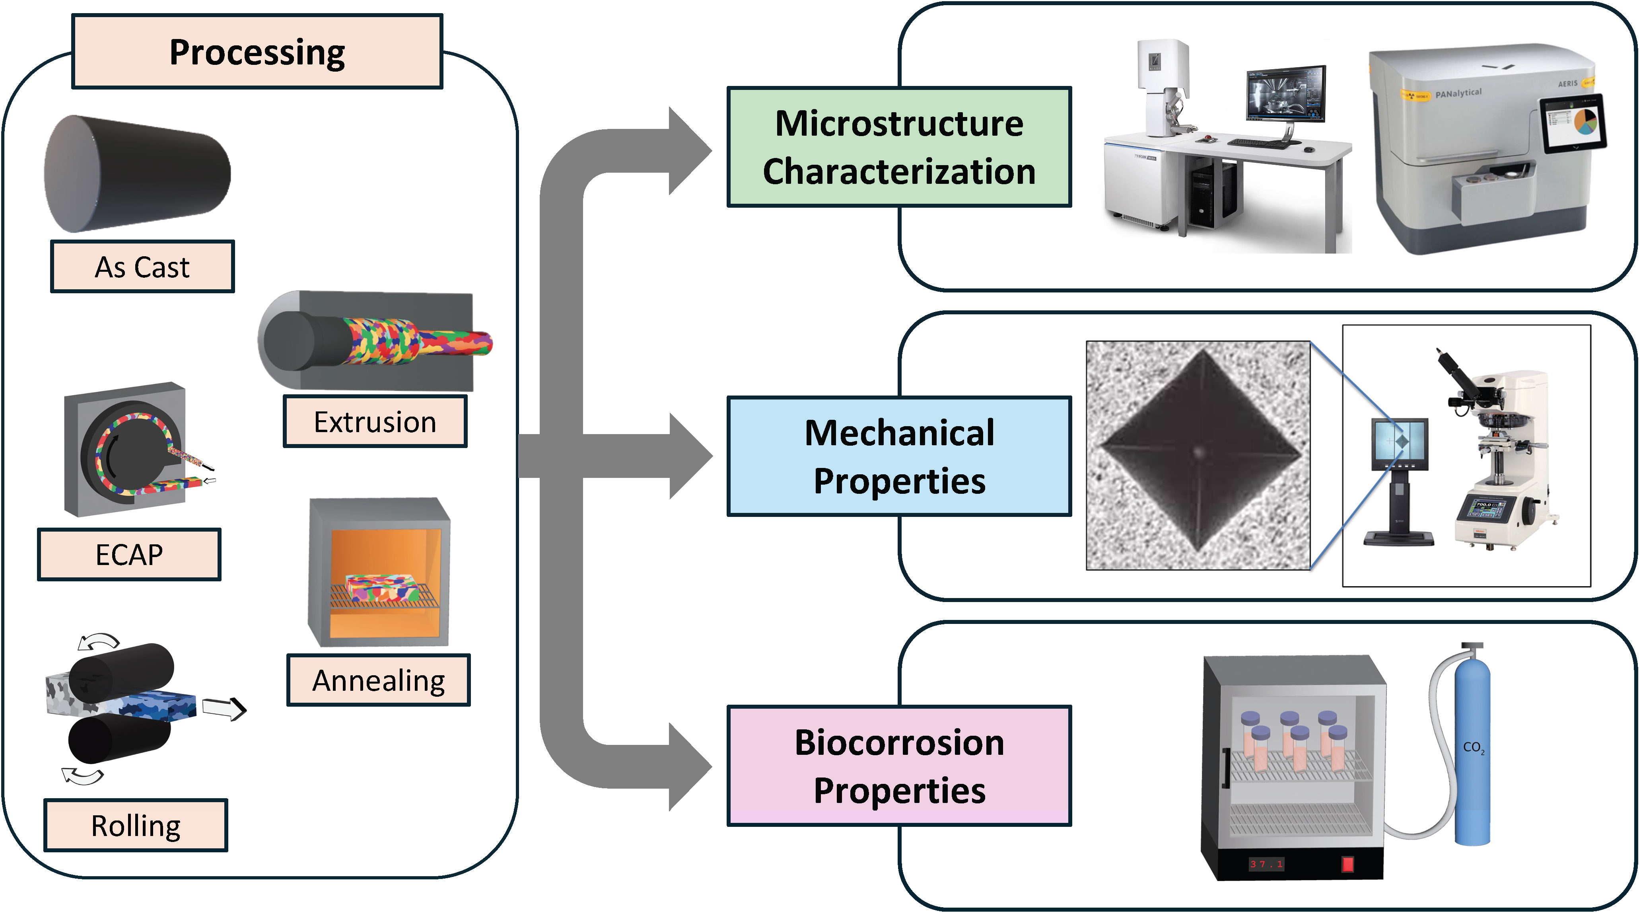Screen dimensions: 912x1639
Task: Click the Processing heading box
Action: (257, 52)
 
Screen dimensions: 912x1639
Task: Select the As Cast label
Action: (142, 267)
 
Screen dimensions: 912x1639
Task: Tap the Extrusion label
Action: (375, 422)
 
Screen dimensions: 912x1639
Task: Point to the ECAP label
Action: (129, 554)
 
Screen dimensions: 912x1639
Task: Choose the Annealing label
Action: (379, 680)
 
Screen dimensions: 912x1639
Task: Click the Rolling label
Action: (136, 825)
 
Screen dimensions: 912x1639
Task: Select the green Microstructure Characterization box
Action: (899, 147)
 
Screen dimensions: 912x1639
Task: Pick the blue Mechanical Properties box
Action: (899, 456)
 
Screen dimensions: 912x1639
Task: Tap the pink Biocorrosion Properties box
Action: (899, 766)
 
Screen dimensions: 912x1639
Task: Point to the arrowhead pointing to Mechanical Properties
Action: (690, 456)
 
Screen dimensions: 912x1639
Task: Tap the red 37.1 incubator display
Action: (1266, 863)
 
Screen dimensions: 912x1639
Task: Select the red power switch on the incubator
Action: (1347, 863)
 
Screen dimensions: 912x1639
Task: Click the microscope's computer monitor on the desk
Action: (1285, 95)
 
